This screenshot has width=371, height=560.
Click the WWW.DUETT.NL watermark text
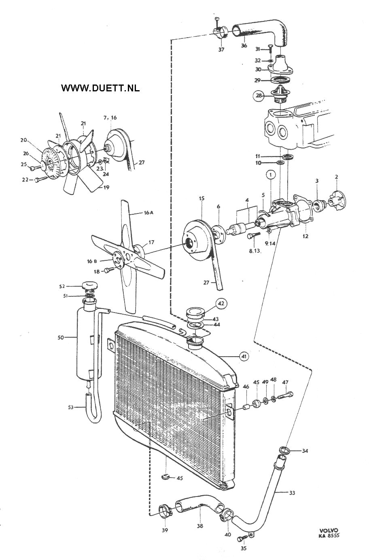tap(100, 88)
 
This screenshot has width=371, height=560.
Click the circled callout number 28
tap(259, 95)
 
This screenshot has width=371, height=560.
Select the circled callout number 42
tap(221, 304)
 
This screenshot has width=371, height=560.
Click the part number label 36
tap(244, 45)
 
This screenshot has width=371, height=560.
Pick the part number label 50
tap(61, 338)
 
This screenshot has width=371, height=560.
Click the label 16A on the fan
tap(148, 213)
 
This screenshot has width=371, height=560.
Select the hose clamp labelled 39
tap(165, 511)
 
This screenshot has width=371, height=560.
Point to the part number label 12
tap(305, 236)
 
